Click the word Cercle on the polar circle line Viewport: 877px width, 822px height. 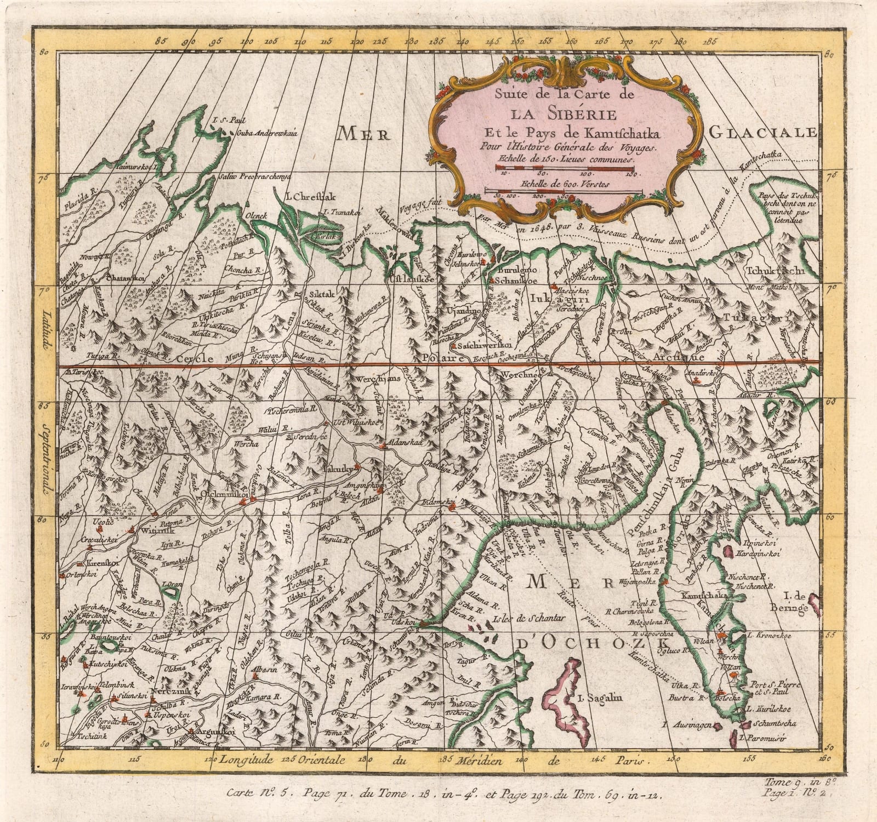tap(194, 358)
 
